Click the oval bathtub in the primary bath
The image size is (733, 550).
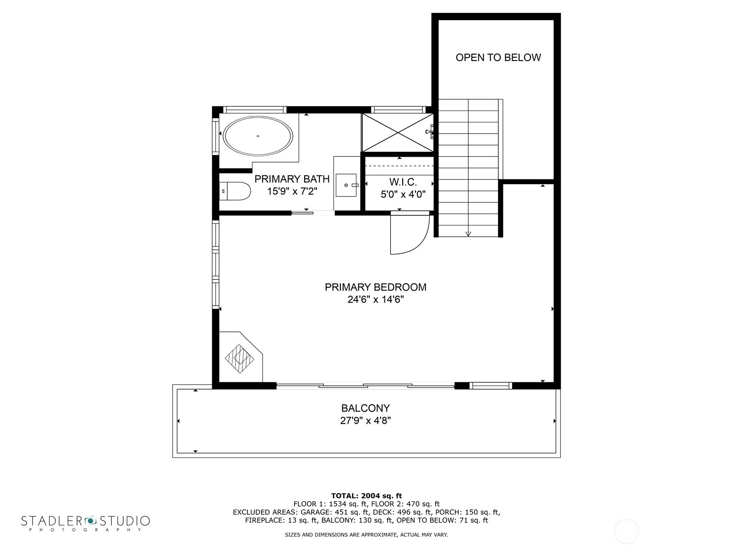pyautogui.click(x=257, y=136)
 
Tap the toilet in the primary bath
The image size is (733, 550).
pyautogui.click(x=236, y=191)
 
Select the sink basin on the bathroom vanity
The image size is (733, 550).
pyautogui.click(x=346, y=185)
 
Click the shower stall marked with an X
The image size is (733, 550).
pyautogui.click(x=397, y=132)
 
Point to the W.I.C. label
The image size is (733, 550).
pyautogui.click(x=403, y=182)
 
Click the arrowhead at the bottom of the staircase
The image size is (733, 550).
pyautogui.click(x=468, y=234)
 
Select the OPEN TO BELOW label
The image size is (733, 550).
pyautogui.click(x=498, y=57)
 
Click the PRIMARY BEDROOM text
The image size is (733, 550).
pyautogui.click(x=375, y=287)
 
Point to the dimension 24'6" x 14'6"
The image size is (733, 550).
pyautogui.click(x=375, y=300)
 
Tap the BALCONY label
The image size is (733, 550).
pyautogui.click(x=365, y=408)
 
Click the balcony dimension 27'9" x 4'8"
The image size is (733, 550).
pyautogui.click(x=365, y=421)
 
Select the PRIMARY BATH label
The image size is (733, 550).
pyautogui.click(x=292, y=179)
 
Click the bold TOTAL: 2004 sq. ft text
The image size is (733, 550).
pyautogui.click(x=366, y=495)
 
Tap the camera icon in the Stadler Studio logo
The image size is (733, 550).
pyautogui.click(x=90, y=520)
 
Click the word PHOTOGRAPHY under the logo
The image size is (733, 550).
pyautogui.click(x=85, y=530)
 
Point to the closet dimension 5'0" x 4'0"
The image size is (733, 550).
pyautogui.click(x=403, y=194)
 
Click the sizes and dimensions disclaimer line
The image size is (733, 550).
pyautogui.click(x=366, y=534)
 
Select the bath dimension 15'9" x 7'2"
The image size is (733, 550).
pyautogui.click(x=292, y=191)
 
